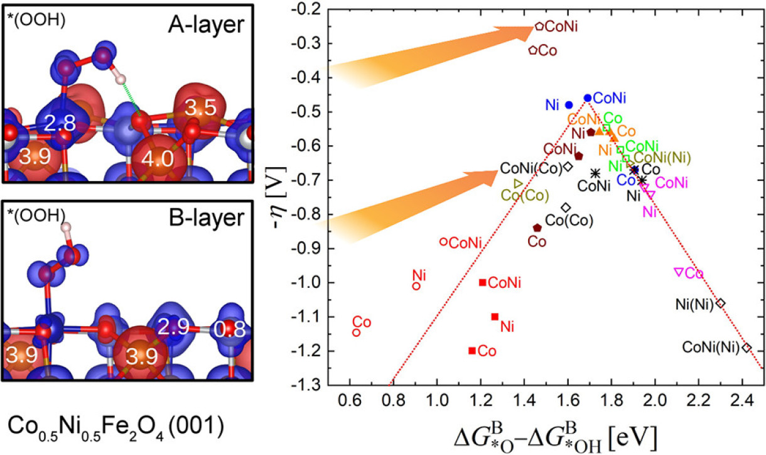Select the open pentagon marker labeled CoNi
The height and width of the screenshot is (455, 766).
tap(539, 26)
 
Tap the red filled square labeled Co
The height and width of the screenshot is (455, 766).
tap(472, 350)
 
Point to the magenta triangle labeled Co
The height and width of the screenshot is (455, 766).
tap(678, 271)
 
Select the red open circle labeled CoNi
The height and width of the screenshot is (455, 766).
tap(443, 241)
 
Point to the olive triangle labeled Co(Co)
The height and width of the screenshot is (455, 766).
tap(518, 184)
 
